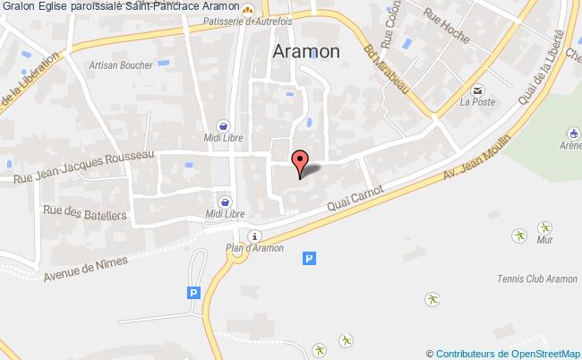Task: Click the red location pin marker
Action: coord(300,162)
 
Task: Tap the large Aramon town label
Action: coord(304,52)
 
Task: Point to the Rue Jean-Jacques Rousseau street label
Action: coord(84,167)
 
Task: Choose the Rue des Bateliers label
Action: coord(97,214)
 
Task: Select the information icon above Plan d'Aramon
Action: coord(255,236)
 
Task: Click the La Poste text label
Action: coord(477,102)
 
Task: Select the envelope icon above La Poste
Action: coord(477,90)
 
